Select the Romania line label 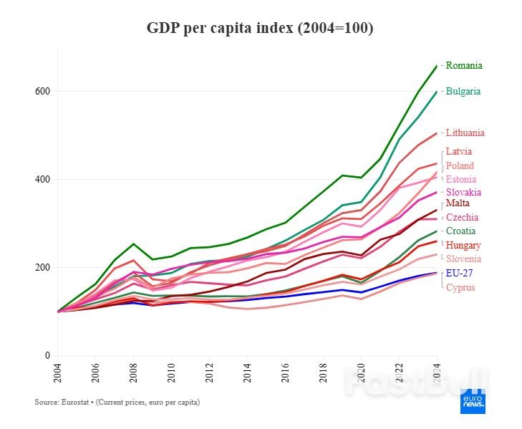coord(464,65)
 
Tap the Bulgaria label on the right coord(463,92)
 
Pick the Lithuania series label coord(465,132)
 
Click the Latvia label coord(459,151)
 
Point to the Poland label coord(460,165)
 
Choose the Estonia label coord(461,179)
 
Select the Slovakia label coord(463,192)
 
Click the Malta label coord(458,204)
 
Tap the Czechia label coord(462,217)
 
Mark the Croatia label coord(460,231)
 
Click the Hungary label coord(463,245)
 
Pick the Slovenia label coord(463,259)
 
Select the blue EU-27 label coord(459,273)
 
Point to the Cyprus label coord(460,287)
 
